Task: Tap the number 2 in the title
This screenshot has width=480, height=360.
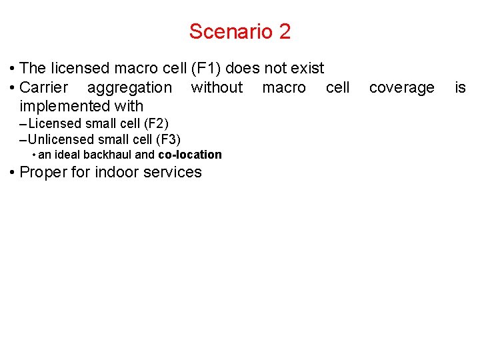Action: tap(285, 31)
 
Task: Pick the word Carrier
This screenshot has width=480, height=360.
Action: tap(44, 87)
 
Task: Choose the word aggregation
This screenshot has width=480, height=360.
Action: tap(129, 87)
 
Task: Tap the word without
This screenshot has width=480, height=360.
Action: tap(217, 87)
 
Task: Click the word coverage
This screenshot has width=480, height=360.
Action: tap(401, 87)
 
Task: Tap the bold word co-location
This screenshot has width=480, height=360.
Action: tap(190, 155)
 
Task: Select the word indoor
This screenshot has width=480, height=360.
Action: tap(112, 172)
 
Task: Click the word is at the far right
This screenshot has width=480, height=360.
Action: tap(460, 87)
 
